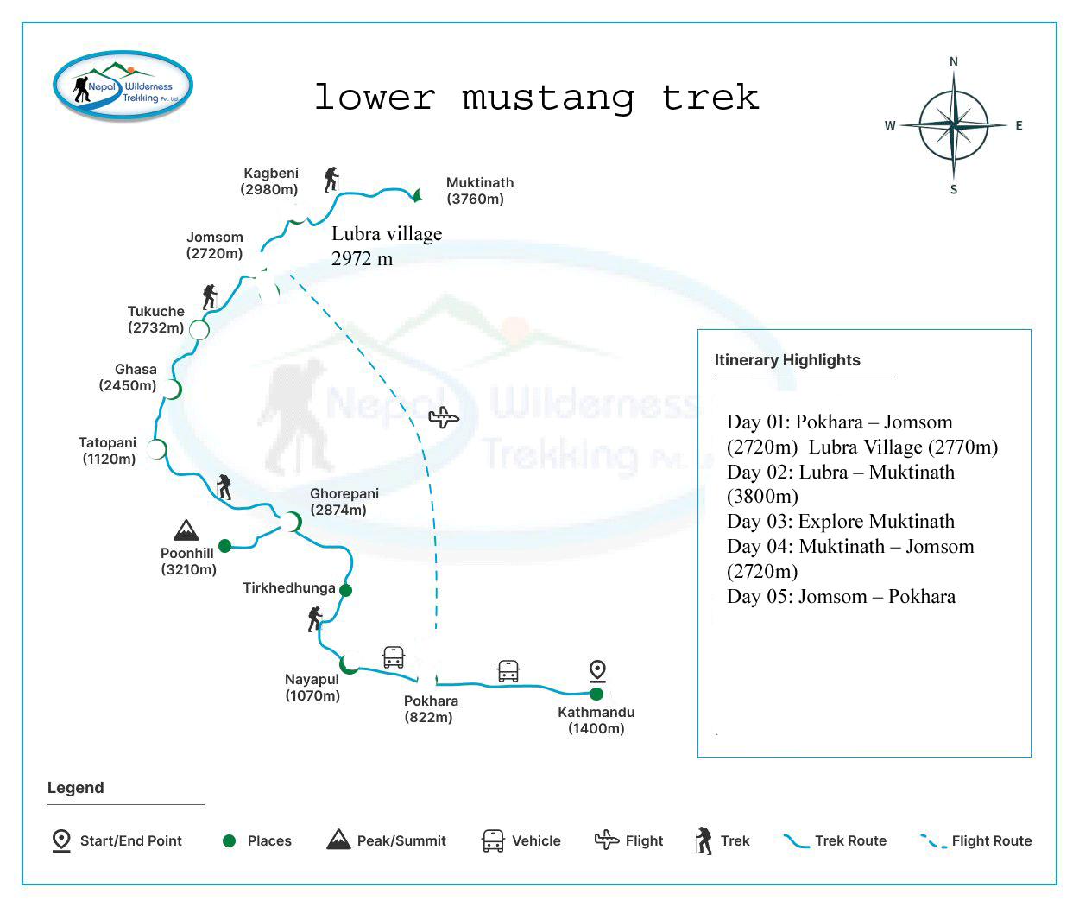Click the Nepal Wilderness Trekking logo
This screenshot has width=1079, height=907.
pyautogui.click(x=123, y=86)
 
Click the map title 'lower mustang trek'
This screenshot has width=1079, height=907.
pyautogui.click(x=536, y=97)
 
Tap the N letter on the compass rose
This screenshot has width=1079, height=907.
pyautogui.click(x=953, y=61)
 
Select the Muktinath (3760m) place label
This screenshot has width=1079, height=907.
pyautogui.click(x=479, y=191)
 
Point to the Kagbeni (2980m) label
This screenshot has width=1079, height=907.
pyautogui.click(x=270, y=181)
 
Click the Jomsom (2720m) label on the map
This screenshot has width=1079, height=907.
pyautogui.click(x=215, y=245)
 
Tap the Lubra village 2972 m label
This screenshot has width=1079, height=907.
pyautogui.click(x=386, y=245)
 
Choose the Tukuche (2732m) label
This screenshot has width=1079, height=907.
pyautogui.click(x=156, y=320)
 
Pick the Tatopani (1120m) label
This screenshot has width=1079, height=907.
pyautogui.click(x=108, y=451)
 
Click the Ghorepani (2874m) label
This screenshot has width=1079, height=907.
pyautogui.click(x=344, y=502)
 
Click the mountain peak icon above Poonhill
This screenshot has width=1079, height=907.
pyautogui.click(x=186, y=530)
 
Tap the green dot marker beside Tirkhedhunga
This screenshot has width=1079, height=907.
pyautogui.click(x=345, y=591)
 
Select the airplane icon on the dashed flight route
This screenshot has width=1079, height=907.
pyautogui.click(x=444, y=418)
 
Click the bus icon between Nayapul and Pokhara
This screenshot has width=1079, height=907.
pyautogui.click(x=394, y=657)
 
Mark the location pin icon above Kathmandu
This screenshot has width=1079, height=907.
pyautogui.click(x=596, y=670)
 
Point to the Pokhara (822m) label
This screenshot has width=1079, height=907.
pyautogui.click(x=430, y=709)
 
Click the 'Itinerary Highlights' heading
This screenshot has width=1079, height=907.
pyautogui.click(x=787, y=360)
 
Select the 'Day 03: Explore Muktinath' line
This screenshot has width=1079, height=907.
pyautogui.click(x=840, y=522)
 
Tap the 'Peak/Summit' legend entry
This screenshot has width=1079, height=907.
pyautogui.click(x=387, y=840)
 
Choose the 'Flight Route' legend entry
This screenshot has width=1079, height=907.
pyautogui.click(x=976, y=840)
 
